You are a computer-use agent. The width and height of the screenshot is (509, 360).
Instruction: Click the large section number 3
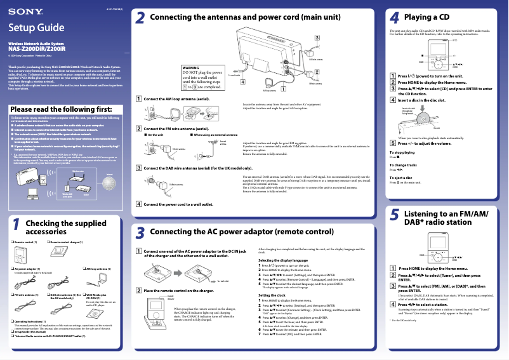pyautogui.click(x=140, y=233)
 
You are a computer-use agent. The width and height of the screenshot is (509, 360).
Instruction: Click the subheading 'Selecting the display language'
pyautogui.click(x=283, y=260)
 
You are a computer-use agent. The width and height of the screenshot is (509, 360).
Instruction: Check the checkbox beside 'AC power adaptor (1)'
pyautogui.click(x=11, y=269)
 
